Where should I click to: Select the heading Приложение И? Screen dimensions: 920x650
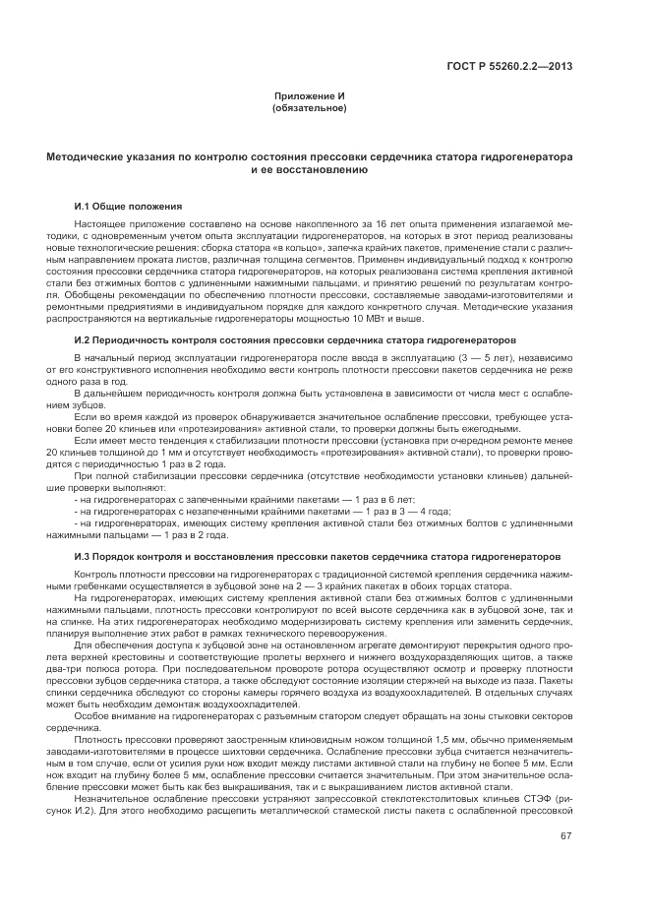click(309, 95)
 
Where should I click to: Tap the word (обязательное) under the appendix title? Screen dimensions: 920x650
click(309, 107)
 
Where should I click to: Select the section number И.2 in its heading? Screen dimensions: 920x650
click(84, 339)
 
